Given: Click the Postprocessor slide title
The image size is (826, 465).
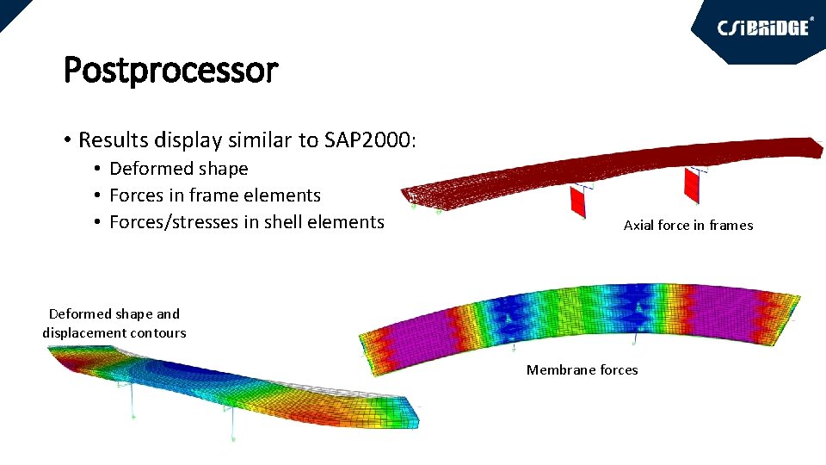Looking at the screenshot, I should (x=170, y=70).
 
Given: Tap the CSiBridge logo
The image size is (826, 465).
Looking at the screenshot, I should (x=763, y=28).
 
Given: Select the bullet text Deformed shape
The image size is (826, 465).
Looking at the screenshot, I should (x=178, y=169).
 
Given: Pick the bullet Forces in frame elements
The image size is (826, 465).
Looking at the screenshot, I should (x=214, y=195).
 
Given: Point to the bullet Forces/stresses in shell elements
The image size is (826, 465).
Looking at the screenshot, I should (x=246, y=222).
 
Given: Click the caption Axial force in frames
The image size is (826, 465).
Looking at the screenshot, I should (x=687, y=226).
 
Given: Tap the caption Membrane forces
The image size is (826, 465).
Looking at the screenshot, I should (x=582, y=370).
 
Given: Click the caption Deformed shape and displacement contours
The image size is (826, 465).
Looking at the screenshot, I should (x=114, y=323).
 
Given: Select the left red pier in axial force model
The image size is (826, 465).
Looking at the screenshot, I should (x=577, y=202).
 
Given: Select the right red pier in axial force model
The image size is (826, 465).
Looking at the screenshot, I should (x=692, y=185).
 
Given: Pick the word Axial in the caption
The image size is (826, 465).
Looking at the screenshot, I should (x=638, y=226).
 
